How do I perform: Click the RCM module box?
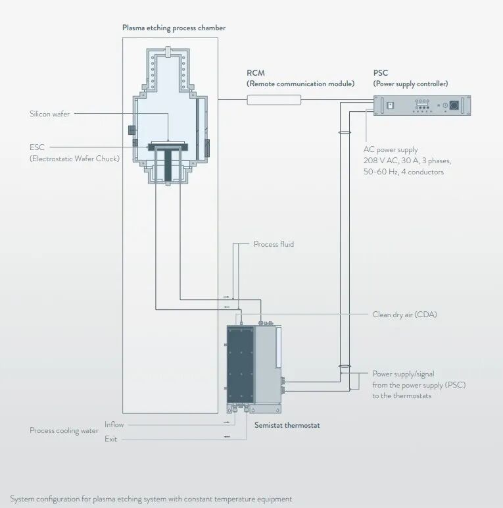click(274, 99)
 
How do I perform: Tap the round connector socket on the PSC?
click(454, 105)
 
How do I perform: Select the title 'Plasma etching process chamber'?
click(174, 28)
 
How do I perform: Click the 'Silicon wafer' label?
click(49, 114)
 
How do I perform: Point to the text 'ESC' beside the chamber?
click(37, 147)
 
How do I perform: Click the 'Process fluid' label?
click(274, 244)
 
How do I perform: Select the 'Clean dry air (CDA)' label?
click(404, 315)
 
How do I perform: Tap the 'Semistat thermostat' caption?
click(287, 425)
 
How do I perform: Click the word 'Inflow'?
click(114, 424)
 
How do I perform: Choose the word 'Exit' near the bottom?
click(110, 439)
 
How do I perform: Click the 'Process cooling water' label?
click(64, 430)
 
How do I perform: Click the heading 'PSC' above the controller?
click(380, 73)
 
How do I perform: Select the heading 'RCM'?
click(256, 73)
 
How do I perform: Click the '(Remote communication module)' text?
click(300, 84)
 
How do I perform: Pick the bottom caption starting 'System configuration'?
click(151, 499)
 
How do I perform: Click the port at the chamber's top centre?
click(169, 51)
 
